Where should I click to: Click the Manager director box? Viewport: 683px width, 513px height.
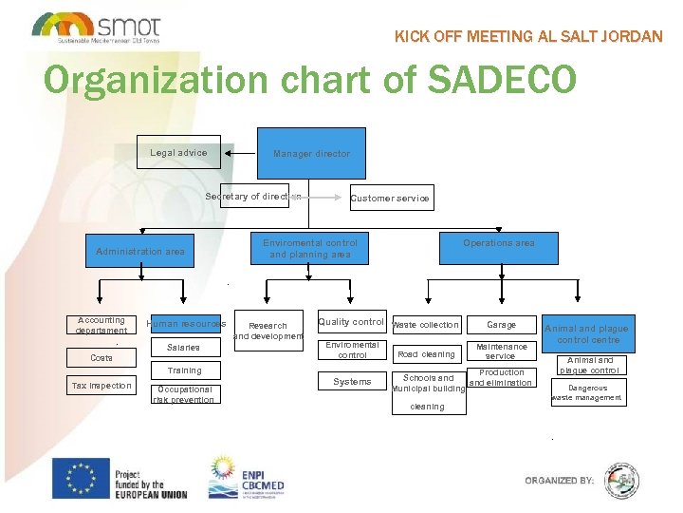311,153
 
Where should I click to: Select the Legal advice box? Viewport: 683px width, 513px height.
178,153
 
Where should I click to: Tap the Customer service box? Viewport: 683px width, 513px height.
390,198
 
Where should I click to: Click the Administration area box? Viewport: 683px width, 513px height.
140,252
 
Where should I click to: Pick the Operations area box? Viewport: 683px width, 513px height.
498,244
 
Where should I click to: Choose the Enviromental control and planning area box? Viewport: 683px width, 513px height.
310,249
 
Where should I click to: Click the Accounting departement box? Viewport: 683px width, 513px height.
102,326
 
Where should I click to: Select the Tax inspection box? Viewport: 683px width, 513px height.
102,386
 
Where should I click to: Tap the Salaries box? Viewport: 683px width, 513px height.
183,348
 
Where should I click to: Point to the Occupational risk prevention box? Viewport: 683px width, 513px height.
184,394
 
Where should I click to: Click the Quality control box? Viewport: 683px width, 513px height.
351,323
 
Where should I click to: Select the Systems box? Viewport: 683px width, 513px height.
352,382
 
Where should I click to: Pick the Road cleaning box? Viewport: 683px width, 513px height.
426,354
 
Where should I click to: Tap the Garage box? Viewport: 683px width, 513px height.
501,325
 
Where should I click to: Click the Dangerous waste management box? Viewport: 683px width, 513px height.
588,393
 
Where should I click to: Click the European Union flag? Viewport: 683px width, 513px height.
81,478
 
